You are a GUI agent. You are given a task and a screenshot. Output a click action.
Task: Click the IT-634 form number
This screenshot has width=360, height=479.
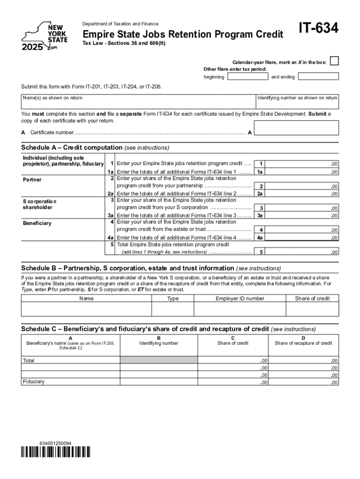point(317,29)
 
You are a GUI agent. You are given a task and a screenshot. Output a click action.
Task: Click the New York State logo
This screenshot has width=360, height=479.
point(45,35)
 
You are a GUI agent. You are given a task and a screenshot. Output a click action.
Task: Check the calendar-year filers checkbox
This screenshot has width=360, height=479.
point(334,62)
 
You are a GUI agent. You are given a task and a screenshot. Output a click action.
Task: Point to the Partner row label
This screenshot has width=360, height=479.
point(32,180)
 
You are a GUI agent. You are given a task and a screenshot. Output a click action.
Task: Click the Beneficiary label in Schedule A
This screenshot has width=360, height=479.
point(37,223)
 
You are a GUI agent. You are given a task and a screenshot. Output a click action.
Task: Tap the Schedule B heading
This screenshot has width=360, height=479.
point(128,268)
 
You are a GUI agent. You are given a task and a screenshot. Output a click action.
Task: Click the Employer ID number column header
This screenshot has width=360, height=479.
point(240,298)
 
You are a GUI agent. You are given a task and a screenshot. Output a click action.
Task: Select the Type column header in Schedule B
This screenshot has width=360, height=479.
point(173,298)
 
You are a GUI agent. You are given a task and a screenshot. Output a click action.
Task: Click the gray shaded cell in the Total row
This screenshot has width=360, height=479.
point(159,361)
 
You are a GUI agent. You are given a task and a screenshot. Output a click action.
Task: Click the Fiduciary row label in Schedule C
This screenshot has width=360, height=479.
point(34,382)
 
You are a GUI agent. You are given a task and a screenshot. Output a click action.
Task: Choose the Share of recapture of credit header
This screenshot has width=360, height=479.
point(303,343)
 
